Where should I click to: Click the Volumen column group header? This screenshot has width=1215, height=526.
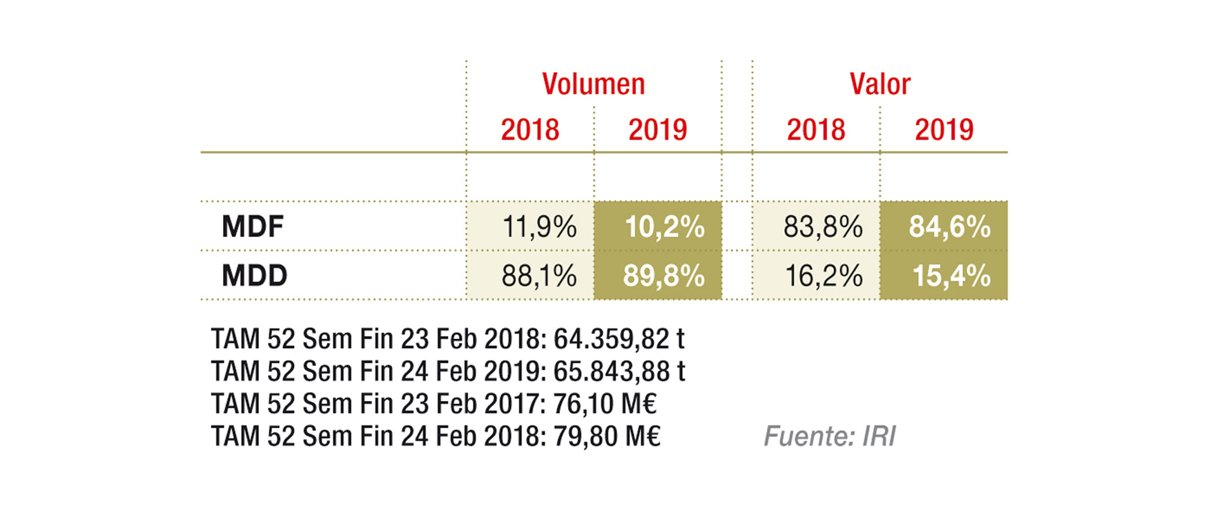(593, 84)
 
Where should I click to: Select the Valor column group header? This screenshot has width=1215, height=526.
(879, 84)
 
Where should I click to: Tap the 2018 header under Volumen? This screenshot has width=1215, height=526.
(529, 130)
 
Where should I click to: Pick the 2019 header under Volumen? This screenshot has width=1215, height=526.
(657, 130)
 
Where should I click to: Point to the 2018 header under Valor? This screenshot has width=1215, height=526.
(816, 130)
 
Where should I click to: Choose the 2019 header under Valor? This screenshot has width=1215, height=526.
(944, 130)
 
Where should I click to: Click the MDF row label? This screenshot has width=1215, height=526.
(253, 226)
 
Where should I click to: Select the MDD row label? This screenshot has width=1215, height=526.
(254, 275)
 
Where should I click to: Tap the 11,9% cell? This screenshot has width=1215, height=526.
(538, 226)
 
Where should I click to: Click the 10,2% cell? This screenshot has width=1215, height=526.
(664, 226)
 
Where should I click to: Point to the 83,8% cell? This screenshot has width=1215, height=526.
(823, 226)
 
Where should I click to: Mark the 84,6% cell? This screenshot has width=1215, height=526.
(949, 226)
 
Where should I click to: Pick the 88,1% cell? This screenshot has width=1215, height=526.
(538, 275)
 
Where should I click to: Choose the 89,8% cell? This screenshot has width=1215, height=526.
(663, 275)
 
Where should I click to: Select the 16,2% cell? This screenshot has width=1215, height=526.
(824, 275)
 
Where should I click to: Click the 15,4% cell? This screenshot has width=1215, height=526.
(951, 275)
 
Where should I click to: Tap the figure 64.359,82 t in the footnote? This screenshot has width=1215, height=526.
(619, 339)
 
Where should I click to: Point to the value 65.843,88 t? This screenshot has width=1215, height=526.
(619, 371)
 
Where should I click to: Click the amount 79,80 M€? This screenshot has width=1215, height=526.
(607, 436)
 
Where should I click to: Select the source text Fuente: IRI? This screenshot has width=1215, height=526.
(829, 436)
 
